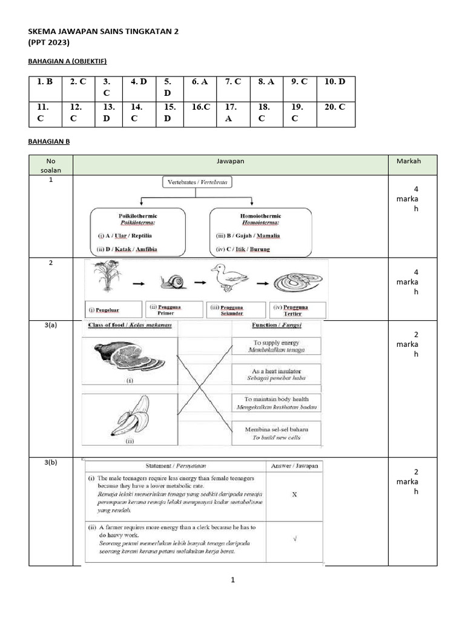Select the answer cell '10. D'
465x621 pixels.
334,82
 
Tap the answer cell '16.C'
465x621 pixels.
200,107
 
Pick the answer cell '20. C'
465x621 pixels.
334,107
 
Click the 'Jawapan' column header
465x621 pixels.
230,161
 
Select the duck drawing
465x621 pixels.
229,279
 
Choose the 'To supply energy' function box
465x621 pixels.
276,346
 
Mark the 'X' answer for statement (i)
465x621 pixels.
294,494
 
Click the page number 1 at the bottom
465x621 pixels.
232,580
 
